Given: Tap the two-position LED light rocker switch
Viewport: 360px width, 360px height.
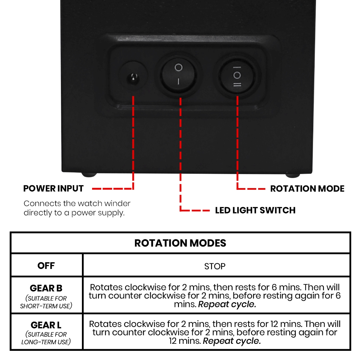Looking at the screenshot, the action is (x=178, y=75).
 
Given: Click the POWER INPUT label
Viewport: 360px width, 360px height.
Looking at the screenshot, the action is (x=53, y=188).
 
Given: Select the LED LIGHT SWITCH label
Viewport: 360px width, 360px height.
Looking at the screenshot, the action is (x=255, y=210).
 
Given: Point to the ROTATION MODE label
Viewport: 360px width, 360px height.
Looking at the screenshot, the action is (x=307, y=188).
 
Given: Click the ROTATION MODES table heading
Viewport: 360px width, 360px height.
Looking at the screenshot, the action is (x=180, y=243).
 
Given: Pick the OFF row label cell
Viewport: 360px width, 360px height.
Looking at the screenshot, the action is (x=46, y=265).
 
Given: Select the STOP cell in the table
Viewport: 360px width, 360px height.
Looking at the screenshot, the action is (x=215, y=266).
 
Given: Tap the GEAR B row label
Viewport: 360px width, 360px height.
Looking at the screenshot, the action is (x=46, y=288).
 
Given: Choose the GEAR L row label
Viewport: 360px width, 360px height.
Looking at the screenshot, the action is (x=46, y=325).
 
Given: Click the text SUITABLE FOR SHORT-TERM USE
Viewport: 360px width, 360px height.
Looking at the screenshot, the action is (x=46, y=302).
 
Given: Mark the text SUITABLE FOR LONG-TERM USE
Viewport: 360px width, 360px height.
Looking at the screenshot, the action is (x=46, y=338).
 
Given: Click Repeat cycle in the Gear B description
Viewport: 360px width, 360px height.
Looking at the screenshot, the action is (x=227, y=304).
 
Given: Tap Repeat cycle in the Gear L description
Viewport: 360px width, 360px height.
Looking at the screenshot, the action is (x=232, y=341).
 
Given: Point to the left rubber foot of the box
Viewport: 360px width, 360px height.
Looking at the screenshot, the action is (x=89, y=174).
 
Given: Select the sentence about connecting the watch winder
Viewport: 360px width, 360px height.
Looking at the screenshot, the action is (x=77, y=208).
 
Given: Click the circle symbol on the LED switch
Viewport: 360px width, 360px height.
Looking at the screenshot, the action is (x=179, y=67).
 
